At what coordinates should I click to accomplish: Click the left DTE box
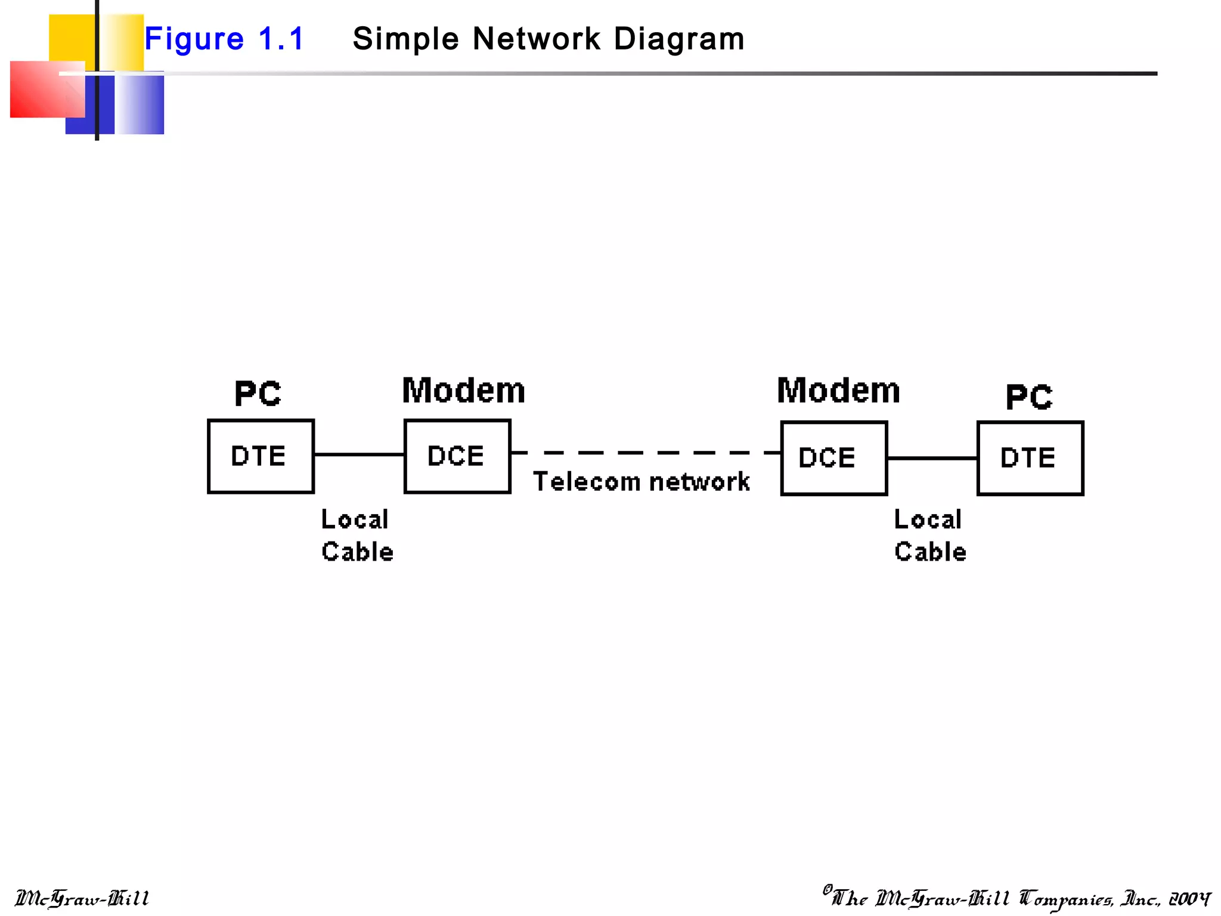click(x=261, y=456)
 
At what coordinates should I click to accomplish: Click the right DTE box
click(x=1030, y=458)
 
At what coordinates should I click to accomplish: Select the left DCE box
click(x=457, y=456)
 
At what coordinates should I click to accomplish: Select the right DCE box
click(x=834, y=458)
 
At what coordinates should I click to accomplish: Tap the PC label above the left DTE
click(x=258, y=394)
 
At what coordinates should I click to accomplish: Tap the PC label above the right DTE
click(x=1029, y=397)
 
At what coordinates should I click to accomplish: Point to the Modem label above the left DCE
click(x=463, y=391)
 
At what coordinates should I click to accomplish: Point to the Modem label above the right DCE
click(x=838, y=391)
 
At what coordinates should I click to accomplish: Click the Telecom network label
click(x=641, y=482)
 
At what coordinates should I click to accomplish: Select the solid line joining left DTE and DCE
click(x=359, y=454)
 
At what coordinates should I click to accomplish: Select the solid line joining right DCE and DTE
click(x=932, y=458)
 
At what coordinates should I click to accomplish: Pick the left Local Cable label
click(x=357, y=536)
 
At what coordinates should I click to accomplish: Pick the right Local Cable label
click(x=929, y=536)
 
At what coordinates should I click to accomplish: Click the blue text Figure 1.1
click(x=224, y=39)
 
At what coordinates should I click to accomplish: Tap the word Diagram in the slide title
click(x=679, y=39)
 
